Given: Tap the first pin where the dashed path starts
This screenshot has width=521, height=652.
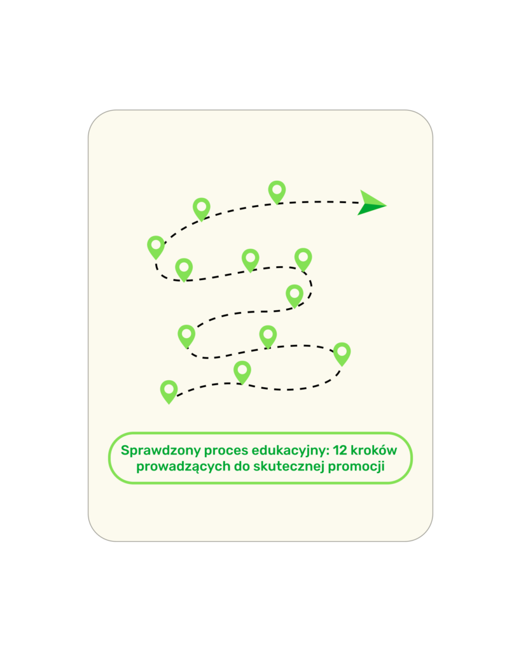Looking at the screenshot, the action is click(x=169, y=392).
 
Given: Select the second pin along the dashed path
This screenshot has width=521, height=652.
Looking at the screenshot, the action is click(x=242, y=372).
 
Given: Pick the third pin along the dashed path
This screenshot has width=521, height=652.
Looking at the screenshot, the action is click(x=342, y=354).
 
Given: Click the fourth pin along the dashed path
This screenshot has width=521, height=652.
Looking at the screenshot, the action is click(x=268, y=336).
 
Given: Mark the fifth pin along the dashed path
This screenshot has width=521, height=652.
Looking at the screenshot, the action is click(x=186, y=336).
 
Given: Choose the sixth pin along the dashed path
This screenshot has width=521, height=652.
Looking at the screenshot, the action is click(x=295, y=296).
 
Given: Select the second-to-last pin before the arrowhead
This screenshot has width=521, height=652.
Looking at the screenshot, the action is click(x=202, y=209).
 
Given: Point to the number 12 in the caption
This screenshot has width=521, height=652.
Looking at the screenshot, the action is click(x=340, y=450).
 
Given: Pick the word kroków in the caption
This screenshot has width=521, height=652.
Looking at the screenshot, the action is click(x=374, y=450).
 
